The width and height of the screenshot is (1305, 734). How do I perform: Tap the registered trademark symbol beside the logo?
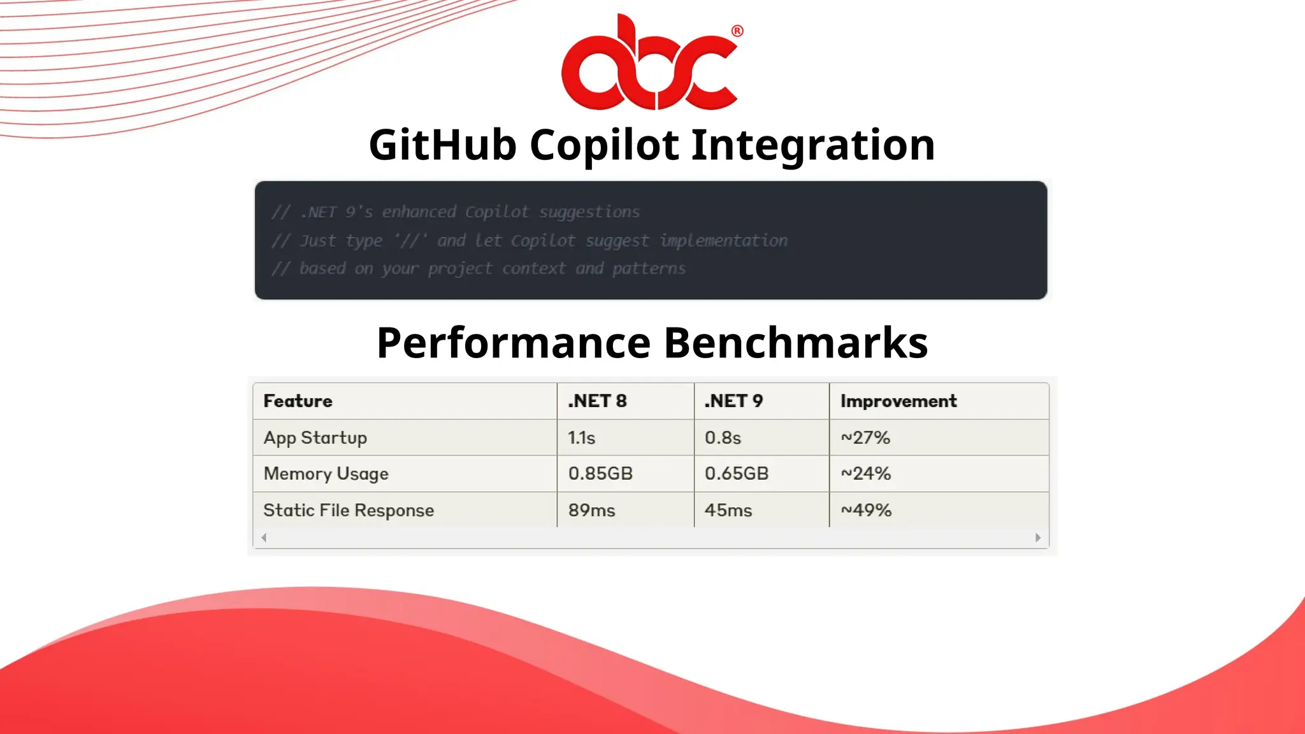[737, 31]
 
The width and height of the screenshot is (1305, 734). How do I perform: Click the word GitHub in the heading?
[442, 145]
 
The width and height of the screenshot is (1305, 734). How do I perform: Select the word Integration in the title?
[812, 145]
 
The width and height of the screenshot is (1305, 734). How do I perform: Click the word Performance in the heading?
[513, 343]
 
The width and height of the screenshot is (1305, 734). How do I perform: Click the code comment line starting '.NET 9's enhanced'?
[456, 212]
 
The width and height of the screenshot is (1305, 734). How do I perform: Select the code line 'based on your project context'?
[478, 268]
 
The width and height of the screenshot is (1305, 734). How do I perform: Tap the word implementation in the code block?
[723, 240]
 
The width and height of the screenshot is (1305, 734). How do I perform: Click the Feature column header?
[298, 401]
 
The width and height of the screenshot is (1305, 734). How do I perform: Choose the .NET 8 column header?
[597, 401]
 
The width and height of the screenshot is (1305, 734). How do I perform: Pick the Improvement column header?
[898, 401]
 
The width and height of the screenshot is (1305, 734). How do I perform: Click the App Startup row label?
[315, 438]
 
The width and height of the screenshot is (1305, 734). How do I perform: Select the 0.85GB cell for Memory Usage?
[600, 473]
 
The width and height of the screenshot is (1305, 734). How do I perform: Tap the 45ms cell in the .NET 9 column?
[728, 510]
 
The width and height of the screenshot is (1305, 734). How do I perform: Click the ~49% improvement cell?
[865, 510]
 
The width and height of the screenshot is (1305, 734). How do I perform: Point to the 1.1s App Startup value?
[581, 438]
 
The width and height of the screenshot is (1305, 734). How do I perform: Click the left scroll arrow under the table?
[264, 538]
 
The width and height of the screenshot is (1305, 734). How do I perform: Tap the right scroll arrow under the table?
[1038, 538]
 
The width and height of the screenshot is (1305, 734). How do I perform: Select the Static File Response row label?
[348, 510]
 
